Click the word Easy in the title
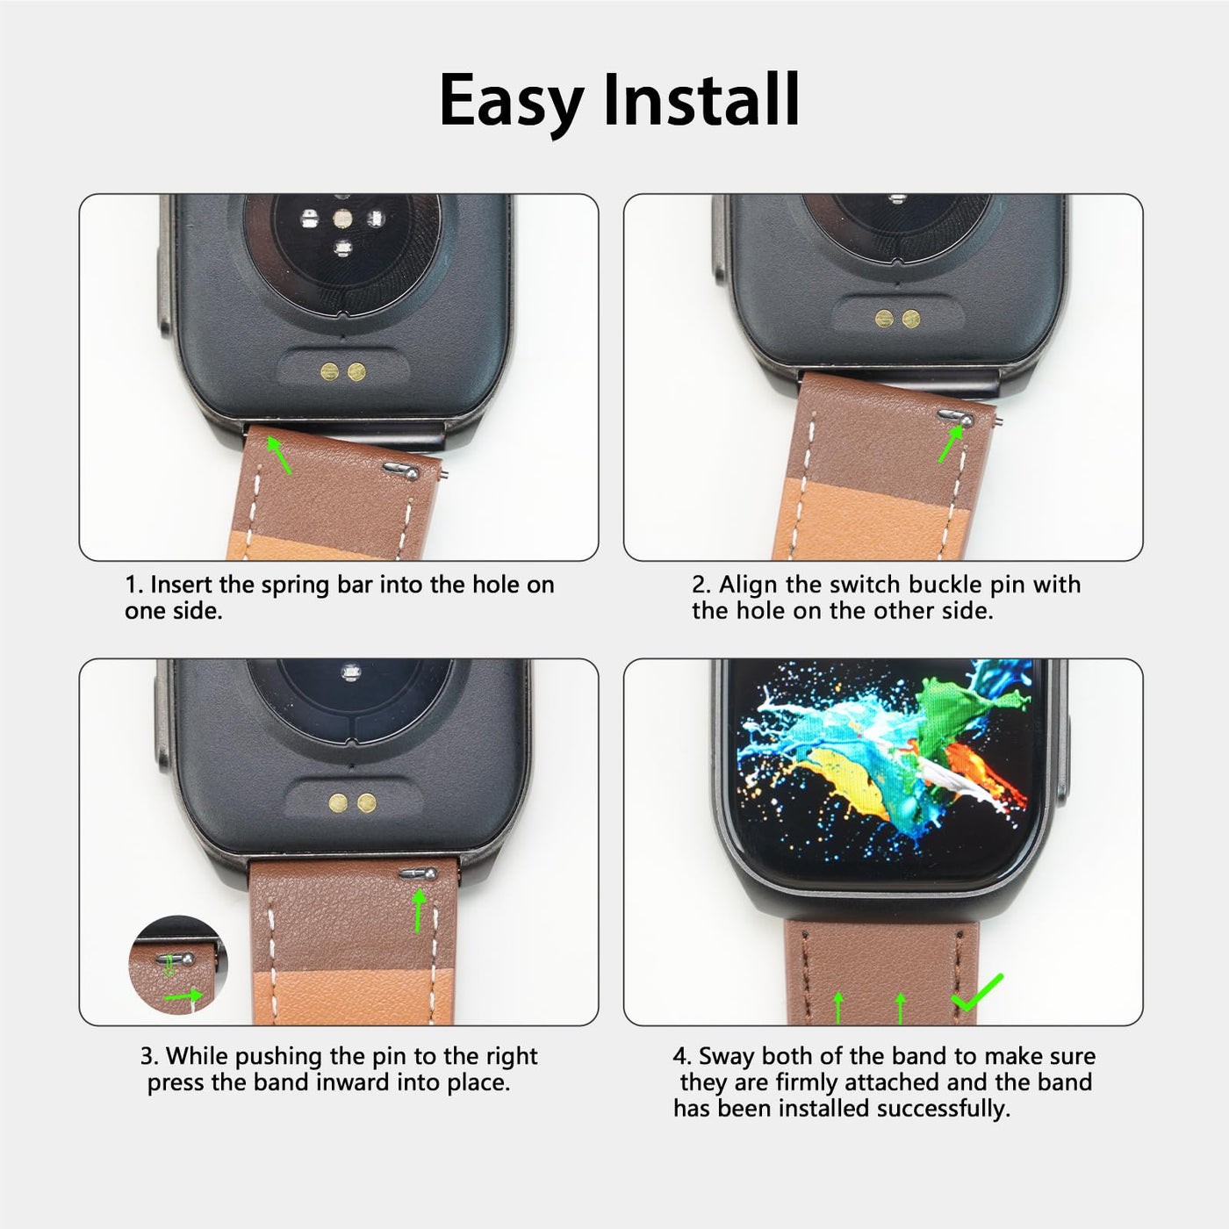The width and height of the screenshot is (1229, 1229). click(512, 102)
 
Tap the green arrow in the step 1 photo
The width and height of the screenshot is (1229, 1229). click(278, 454)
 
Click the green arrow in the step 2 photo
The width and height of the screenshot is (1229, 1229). click(951, 443)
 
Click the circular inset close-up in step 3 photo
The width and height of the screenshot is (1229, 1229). click(178, 964)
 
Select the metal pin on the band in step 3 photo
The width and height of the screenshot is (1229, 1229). click(418, 873)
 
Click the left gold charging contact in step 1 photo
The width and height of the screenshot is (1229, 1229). click(330, 371)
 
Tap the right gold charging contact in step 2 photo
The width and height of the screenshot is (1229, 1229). click(911, 318)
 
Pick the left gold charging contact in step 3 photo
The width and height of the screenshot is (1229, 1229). click(338, 803)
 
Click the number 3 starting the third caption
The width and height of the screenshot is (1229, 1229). click(147, 1056)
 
